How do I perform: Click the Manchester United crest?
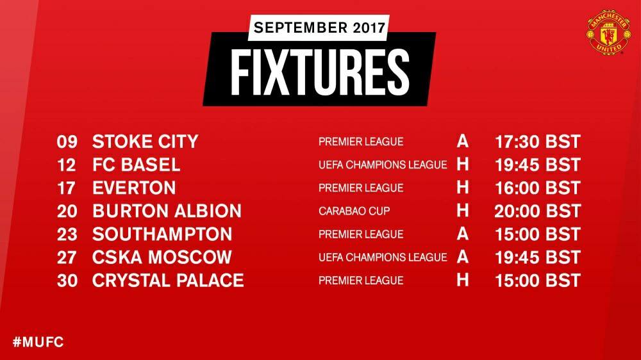pos(608,32)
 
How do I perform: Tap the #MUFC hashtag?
pos(38,341)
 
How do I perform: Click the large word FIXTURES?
pos(320,72)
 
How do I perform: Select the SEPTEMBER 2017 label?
pos(319,28)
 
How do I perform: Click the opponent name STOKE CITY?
pos(145,142)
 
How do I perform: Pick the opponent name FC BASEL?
pos(136,165)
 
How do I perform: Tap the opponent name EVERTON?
pos(134,188)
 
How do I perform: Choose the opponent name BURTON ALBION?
pos(167,211)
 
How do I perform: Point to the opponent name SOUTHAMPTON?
pos(162,234)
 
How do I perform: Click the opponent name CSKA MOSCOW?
pos(162,257)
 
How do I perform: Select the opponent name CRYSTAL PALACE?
pos(168,281)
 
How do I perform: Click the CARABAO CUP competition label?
pos(354,211)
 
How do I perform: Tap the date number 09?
pos(67,142)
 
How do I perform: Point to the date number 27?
pos(67,258)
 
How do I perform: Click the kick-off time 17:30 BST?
pos(538,142)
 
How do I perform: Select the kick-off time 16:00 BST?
pos(538,188)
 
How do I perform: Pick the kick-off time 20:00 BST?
pos(538,211)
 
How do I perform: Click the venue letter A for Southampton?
pos(462,234)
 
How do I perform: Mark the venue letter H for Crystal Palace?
pos(462,280)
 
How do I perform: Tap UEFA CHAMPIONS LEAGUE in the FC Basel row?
pos(383,165)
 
